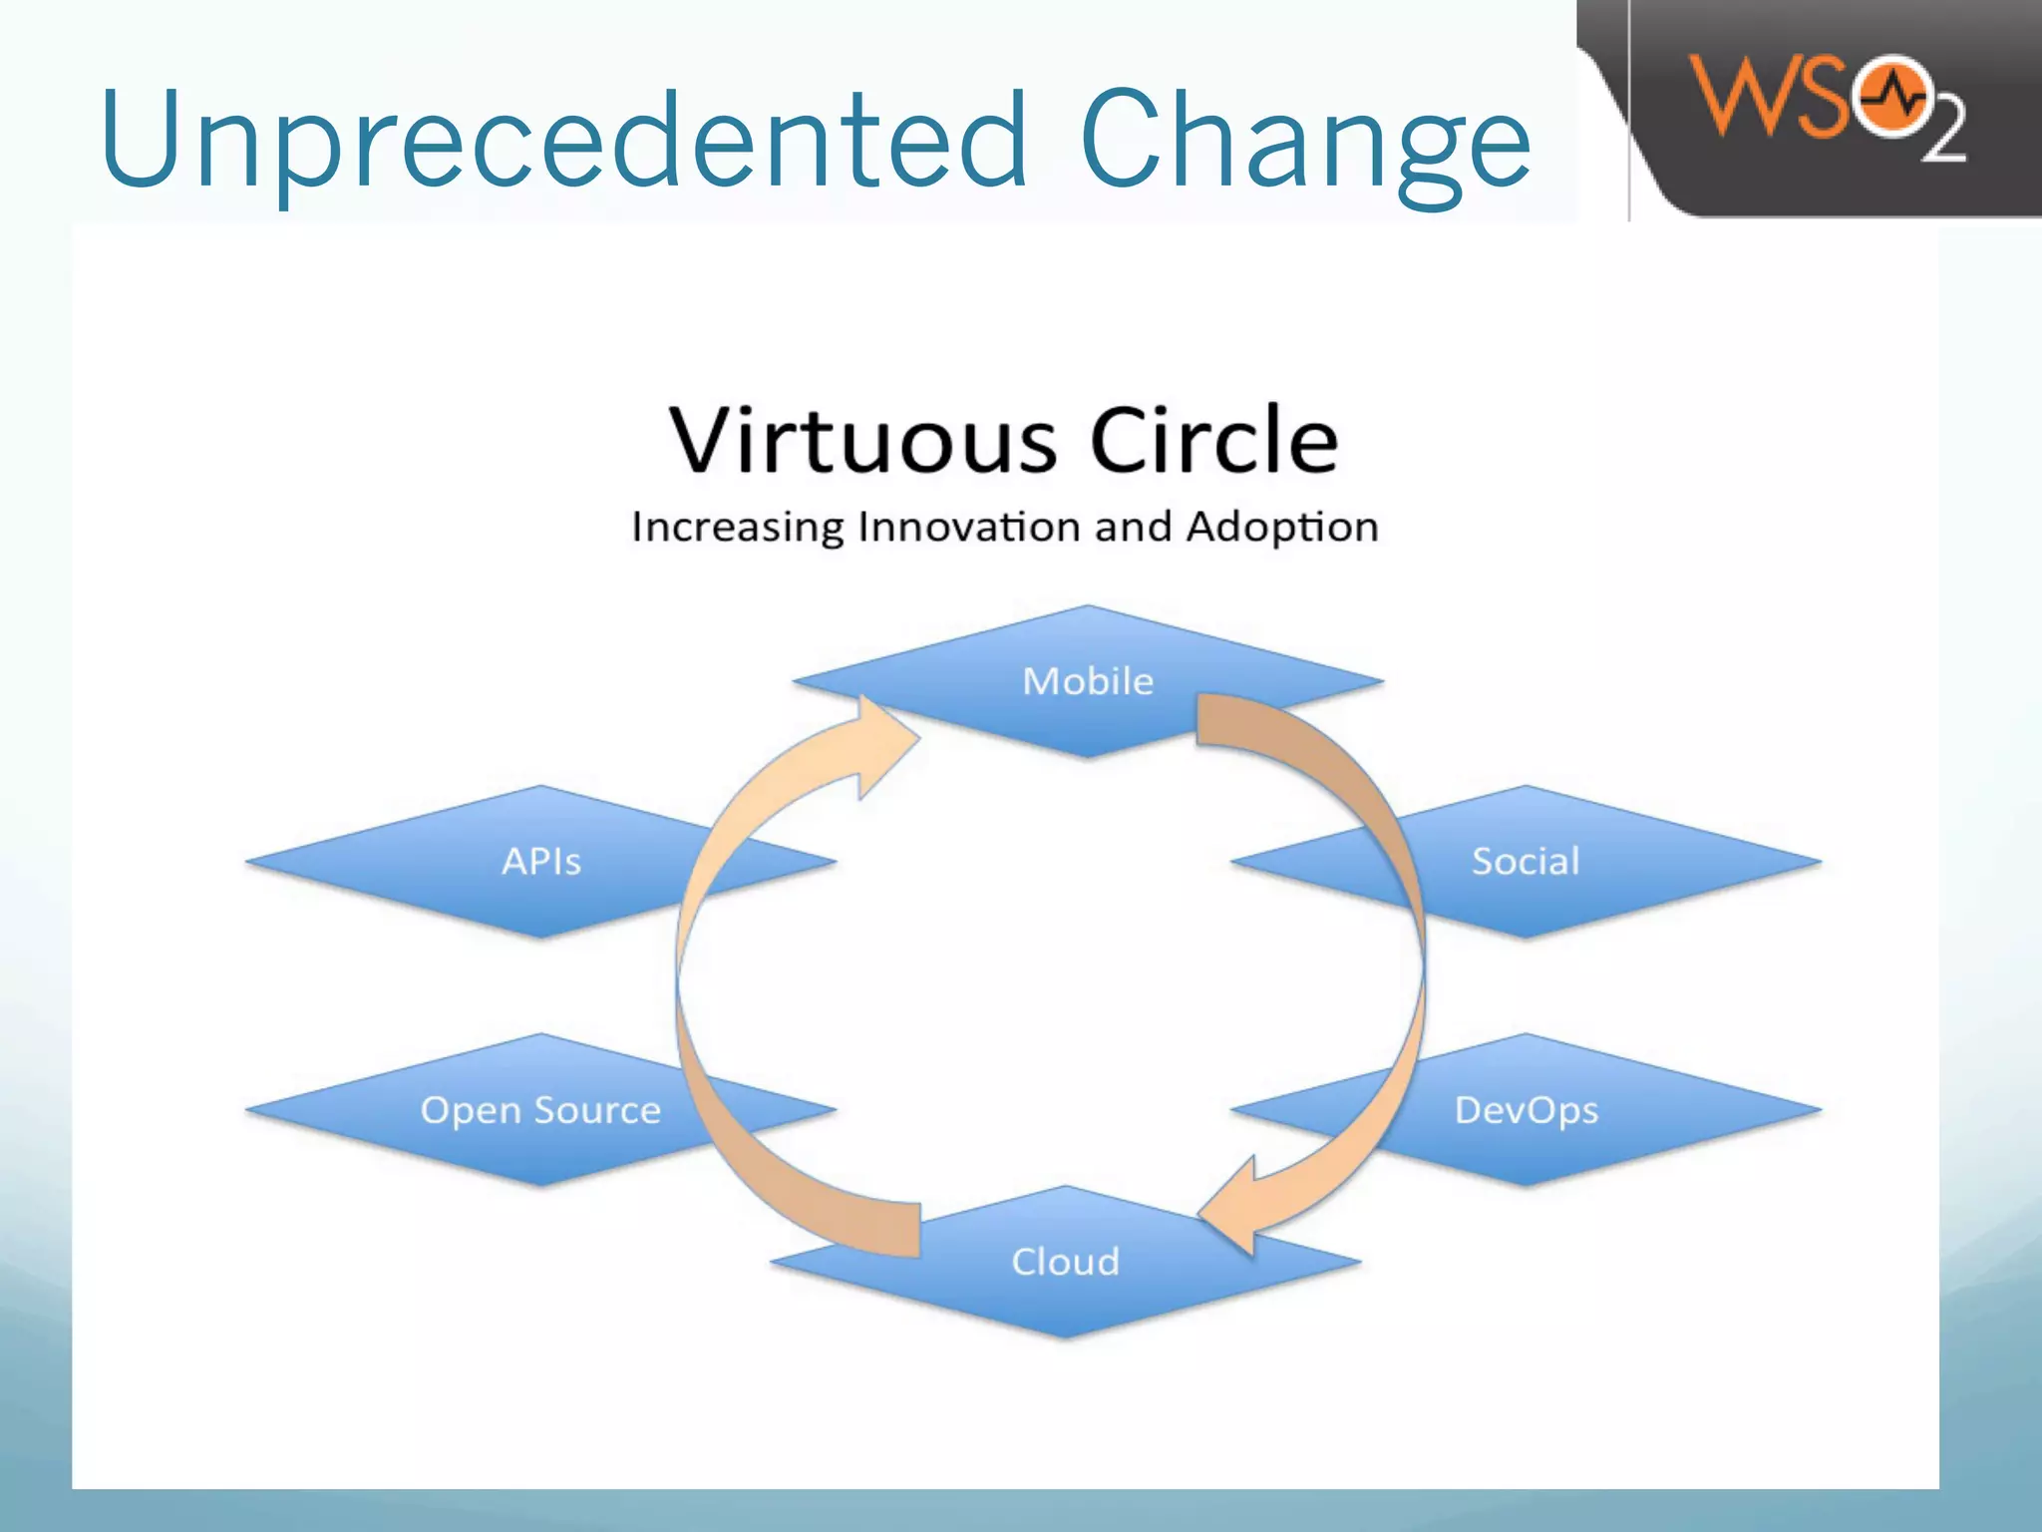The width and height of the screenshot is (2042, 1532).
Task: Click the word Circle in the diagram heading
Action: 1213,441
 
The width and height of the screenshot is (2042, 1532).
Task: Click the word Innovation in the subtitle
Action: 968,527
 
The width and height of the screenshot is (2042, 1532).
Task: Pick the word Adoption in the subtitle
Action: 1282,527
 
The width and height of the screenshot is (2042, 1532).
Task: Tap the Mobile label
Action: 1088,681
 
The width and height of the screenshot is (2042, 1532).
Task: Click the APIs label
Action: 540,862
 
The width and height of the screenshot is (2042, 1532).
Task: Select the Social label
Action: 1526,862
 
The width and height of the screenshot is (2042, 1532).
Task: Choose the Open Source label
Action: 540,1110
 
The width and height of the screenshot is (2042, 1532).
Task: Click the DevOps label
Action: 1526,1110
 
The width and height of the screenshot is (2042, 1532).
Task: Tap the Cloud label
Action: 1065,1262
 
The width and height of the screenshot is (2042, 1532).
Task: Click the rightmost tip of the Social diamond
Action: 1819,862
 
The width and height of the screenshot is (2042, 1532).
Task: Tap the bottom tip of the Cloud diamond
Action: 1065,1337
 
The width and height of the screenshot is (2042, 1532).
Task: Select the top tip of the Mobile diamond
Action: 1088,606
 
